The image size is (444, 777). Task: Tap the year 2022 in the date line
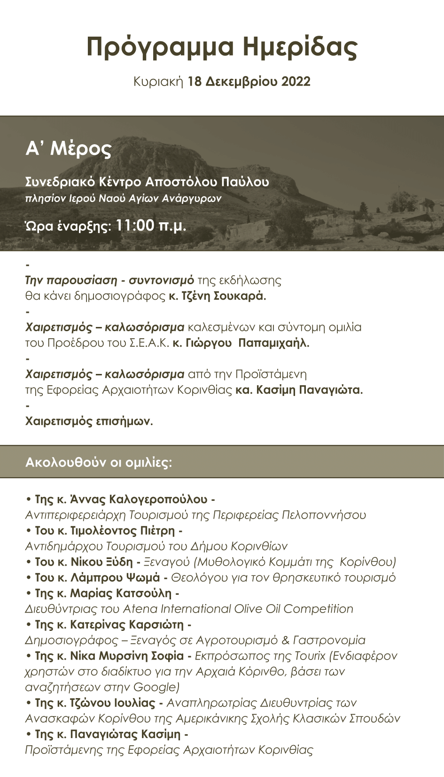[x=296, y=82]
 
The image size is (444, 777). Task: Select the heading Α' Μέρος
[x=69, y=148]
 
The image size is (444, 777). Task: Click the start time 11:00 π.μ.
[x=151, y=225]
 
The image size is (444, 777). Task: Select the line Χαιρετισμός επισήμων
[x=89, y=421]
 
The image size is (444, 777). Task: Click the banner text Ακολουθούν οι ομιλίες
[x=99, y=462]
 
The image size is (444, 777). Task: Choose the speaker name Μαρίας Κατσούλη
[x=121, y=593]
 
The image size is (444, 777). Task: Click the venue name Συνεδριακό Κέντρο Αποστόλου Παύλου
[x=147, y=182]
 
